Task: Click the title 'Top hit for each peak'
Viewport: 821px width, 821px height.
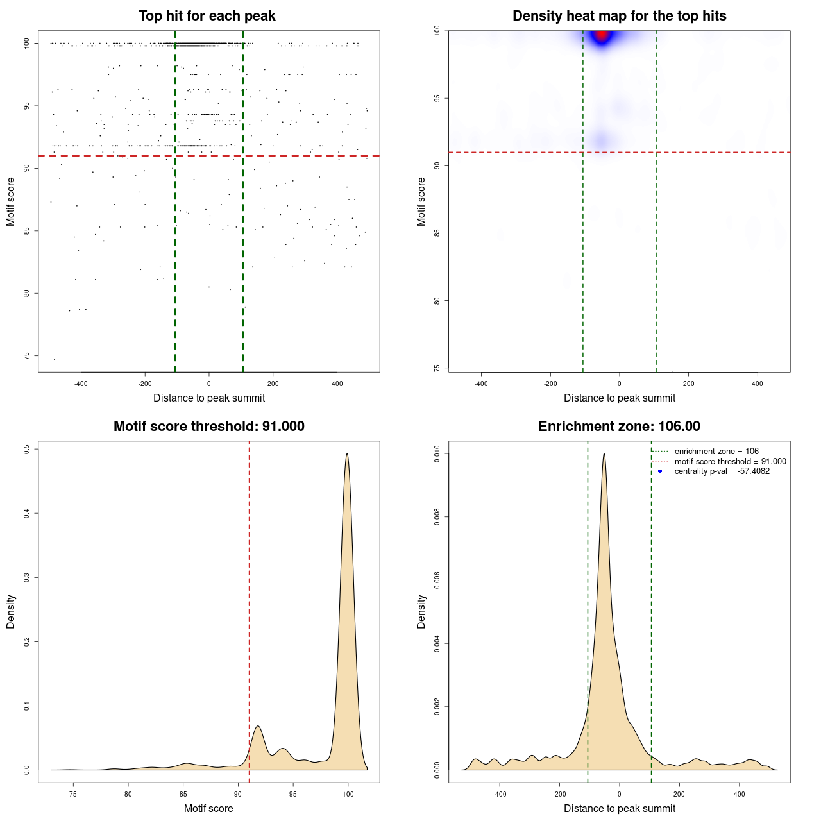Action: [207, 16]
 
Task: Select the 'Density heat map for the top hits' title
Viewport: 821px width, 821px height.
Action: [619, 16]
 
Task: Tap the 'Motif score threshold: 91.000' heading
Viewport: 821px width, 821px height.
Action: [208, 427]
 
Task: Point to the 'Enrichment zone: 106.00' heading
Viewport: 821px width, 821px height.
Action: [619, 427]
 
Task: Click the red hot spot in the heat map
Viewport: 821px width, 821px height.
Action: [602, 35]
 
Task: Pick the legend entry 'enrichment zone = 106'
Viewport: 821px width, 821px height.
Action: [716, 452]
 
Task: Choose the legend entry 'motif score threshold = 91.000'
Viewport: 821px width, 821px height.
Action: [730, 461]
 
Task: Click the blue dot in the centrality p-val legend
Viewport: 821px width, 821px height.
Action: [660, 471]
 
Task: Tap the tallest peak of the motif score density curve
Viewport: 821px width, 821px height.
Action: [347, 454]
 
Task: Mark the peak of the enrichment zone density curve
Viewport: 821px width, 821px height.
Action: [604, 454]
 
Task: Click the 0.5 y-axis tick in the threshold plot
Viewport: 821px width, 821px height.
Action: [26, 449]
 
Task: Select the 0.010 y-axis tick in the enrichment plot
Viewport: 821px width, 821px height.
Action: [437, 454]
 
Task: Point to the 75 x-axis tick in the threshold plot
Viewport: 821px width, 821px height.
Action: [73, 795]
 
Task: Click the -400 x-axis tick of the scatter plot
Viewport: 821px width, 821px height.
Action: [81, 384]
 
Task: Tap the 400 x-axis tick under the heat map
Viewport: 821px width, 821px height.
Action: [758, 384]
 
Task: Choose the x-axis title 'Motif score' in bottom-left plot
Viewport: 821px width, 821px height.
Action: [208, 808]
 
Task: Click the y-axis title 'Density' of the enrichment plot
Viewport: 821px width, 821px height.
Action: [421, 611]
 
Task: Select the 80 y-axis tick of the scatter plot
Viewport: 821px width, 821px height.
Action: [26, 293]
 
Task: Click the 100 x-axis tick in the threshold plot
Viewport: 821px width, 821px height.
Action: [348, 795]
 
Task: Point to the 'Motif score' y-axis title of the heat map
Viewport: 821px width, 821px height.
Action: [421, 201]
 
